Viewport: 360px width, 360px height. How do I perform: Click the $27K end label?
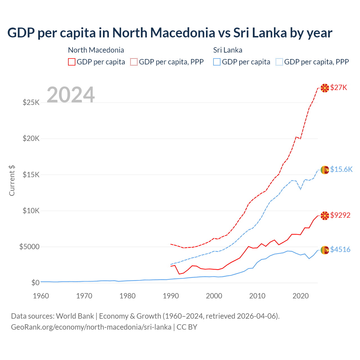click(339, 88)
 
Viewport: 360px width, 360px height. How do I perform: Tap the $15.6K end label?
click(341, 169)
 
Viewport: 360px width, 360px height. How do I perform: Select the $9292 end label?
click(340, 215)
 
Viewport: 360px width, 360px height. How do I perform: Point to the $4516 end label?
click(340, 250)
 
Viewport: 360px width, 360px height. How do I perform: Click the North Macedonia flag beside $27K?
click(325, 88)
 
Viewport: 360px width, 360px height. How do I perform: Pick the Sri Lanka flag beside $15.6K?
click(325, 170)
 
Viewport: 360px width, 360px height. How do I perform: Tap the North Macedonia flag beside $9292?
click(325, 216)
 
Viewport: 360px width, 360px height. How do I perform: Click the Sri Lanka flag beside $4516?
click(325, 250)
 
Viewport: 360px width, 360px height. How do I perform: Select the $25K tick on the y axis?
click(31, 102)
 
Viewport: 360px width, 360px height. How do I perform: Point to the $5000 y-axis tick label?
click(30, 247)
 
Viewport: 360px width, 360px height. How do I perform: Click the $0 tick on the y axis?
click(35, 283)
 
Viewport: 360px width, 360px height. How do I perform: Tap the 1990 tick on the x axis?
click(171, 296)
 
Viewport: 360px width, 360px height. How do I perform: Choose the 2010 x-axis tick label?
click(257, 296)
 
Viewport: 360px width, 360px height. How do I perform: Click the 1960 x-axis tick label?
click(41, 296)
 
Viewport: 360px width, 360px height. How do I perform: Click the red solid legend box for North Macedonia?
click(72, 62)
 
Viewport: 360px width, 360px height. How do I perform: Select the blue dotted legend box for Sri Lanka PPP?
click(279, 62)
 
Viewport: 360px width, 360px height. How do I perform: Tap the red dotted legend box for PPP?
click(134, 62)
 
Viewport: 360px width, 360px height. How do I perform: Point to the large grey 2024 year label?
click(71, 95)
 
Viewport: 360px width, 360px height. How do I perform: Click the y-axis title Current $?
click(12, 180)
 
